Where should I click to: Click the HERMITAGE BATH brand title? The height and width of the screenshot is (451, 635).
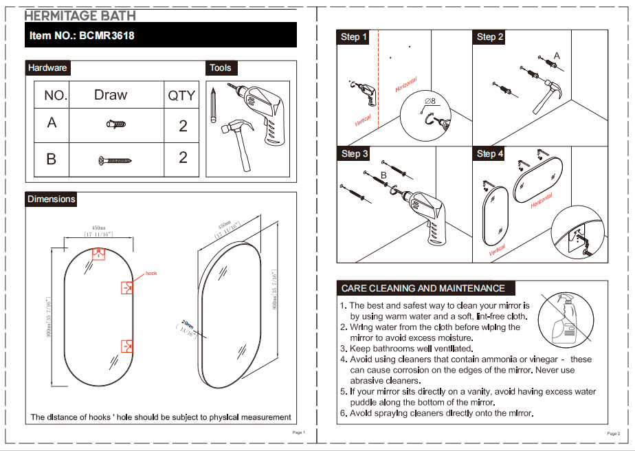point(80,15)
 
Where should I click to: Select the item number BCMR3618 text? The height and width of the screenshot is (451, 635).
point(82,35)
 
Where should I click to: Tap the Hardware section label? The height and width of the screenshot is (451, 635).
point(47,67)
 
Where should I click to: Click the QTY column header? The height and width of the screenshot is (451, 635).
point(181,96)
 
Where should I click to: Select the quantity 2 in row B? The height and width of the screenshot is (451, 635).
point(183,157)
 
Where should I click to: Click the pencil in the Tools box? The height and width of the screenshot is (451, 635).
point(214,102)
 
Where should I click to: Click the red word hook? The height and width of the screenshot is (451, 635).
point(151,274)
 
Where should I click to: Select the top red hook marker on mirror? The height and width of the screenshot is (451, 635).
point(99,254)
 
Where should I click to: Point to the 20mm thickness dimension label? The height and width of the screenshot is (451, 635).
point(188,324)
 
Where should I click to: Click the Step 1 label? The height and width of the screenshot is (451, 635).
point(354,37)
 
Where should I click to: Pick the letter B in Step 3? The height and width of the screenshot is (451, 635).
point(383,176)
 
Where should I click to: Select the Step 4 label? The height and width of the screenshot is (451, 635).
point(490,154)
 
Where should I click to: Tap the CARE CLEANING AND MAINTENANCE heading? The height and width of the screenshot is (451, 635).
point(423,288)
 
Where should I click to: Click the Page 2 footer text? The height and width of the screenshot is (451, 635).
point(613,434)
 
